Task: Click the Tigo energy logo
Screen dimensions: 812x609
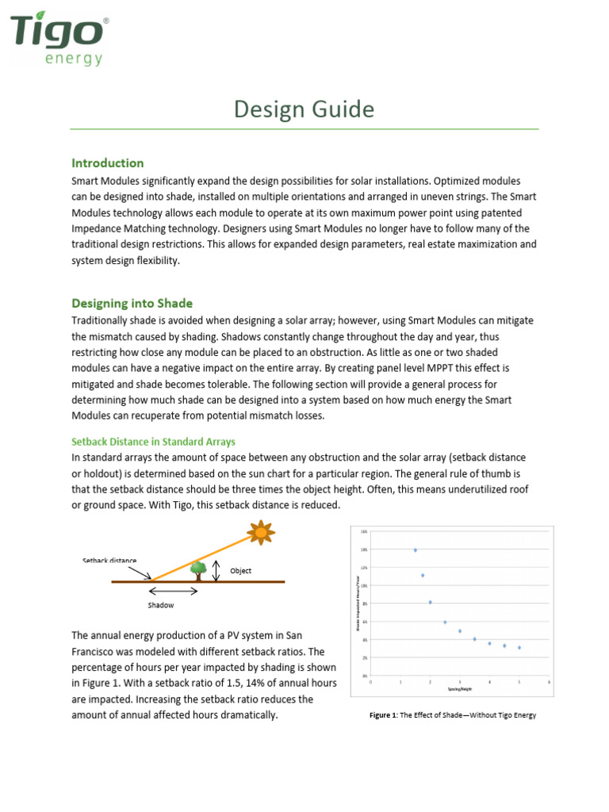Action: (59, 36)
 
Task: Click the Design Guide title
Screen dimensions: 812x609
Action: (304, 109)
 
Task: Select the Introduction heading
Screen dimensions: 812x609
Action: (108, 163)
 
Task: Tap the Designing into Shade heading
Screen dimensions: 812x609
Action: (132, 303)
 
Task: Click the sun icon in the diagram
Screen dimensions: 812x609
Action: (260, 531)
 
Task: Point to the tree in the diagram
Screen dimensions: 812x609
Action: (199, 570)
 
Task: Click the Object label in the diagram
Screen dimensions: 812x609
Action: (240, 571)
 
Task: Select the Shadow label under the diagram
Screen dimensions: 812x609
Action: (161, 605)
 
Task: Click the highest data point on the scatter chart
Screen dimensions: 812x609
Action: (416, 550)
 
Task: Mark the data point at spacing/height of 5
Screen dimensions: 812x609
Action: (519, 648)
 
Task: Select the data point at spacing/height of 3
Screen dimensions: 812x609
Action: (460, 631)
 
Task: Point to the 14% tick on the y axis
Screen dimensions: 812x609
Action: (364, 550)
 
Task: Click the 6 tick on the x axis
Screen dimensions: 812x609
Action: (549, 681)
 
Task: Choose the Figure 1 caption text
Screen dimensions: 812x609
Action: (453, 715)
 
